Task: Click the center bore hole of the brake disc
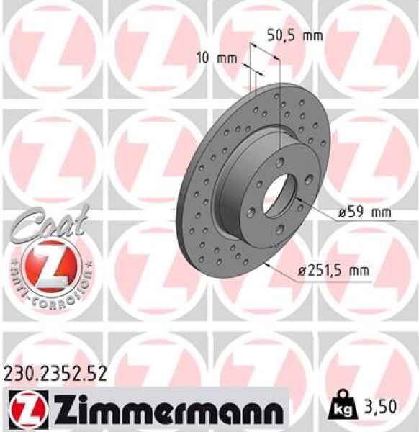(x=278, y=194)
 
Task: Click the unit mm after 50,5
(x=312, y=35)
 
